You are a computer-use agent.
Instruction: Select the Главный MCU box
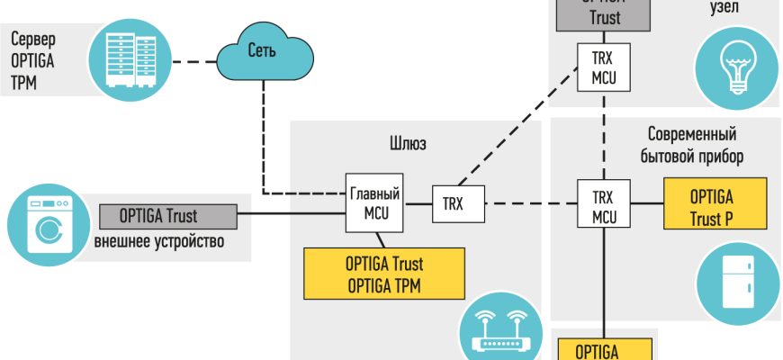pyautogui.click(x=374, y=202)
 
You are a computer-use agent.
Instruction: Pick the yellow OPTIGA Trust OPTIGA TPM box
pyautogui.click(x=384, y=274)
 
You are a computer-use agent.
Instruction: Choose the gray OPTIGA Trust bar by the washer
pyautogui.click(x=167, y=216)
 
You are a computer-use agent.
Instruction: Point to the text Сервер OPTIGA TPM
pyautogui.click(x=34, y=58)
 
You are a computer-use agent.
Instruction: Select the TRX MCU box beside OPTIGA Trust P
pyautogui.click(x=604, y=206)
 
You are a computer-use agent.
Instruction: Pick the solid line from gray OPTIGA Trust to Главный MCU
pyautogui.click(x=292, y=214)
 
